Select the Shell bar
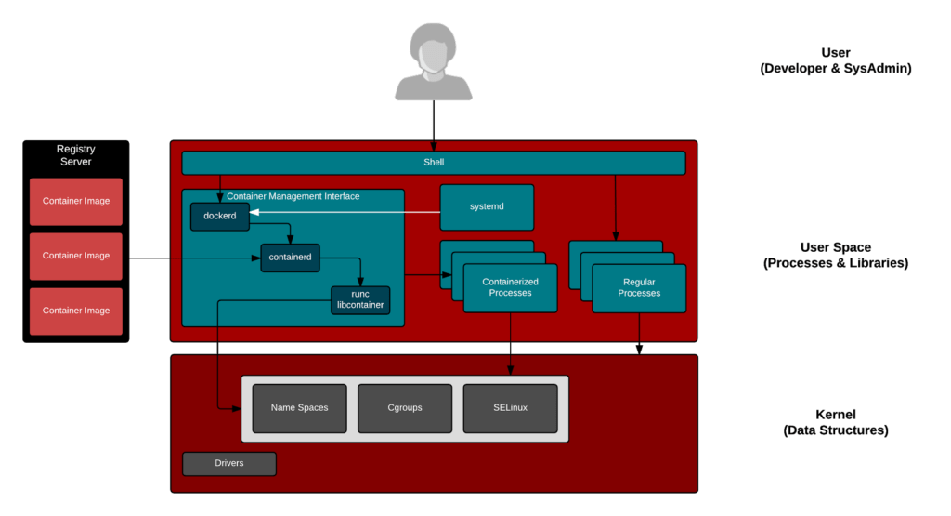[x=433, y=163]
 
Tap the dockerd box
[x=220, y=217]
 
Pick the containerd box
[x=290, y=258]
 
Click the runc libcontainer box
[x=360, y=299]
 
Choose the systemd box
[x=487, y=206]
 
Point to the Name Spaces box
[x=299, y=408]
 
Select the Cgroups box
[x=404, y=408]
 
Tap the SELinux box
[x=510, y=408]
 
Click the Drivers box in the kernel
[x=228, y=463]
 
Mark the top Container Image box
[x=75, y=201]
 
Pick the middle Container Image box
[x=75, y=256]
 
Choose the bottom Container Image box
[x=75, y=311]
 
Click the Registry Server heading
[x=75, y=155]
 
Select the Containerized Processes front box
[x=510, y=287]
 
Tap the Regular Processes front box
[x=639, y=287]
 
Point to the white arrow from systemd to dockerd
[x=344, y=214]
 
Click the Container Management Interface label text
[x=293, y=196]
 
